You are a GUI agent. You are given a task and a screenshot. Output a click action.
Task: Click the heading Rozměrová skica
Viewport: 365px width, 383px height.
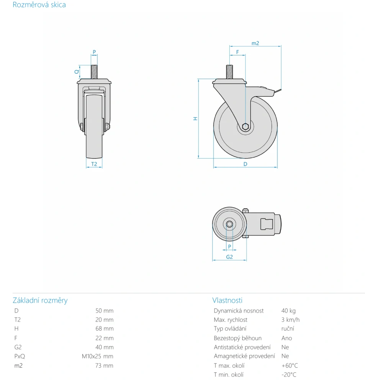(x=39, y=5)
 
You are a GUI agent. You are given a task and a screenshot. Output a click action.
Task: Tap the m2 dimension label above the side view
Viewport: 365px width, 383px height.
(x=255, y=43)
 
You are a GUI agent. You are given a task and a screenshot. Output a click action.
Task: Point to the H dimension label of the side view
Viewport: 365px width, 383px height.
(x=195, y=118)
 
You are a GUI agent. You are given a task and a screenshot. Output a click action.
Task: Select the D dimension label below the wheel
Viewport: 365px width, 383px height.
(x=245, y=164)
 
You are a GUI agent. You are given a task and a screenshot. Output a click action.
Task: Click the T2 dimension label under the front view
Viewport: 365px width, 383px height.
(x=94, y=164)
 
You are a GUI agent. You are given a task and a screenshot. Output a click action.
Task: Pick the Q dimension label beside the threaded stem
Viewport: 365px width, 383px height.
(x=77, y=72)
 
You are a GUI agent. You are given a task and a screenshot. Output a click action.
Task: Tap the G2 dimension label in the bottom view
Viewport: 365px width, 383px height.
(x=229, y=257)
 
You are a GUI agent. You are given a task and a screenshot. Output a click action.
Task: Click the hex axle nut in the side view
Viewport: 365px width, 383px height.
(x=245, y=127)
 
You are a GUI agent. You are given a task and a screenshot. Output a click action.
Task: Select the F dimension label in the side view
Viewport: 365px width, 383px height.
(x=237, y=52)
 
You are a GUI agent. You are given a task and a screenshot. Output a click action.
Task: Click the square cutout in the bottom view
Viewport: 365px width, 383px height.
(x=267, y=224)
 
